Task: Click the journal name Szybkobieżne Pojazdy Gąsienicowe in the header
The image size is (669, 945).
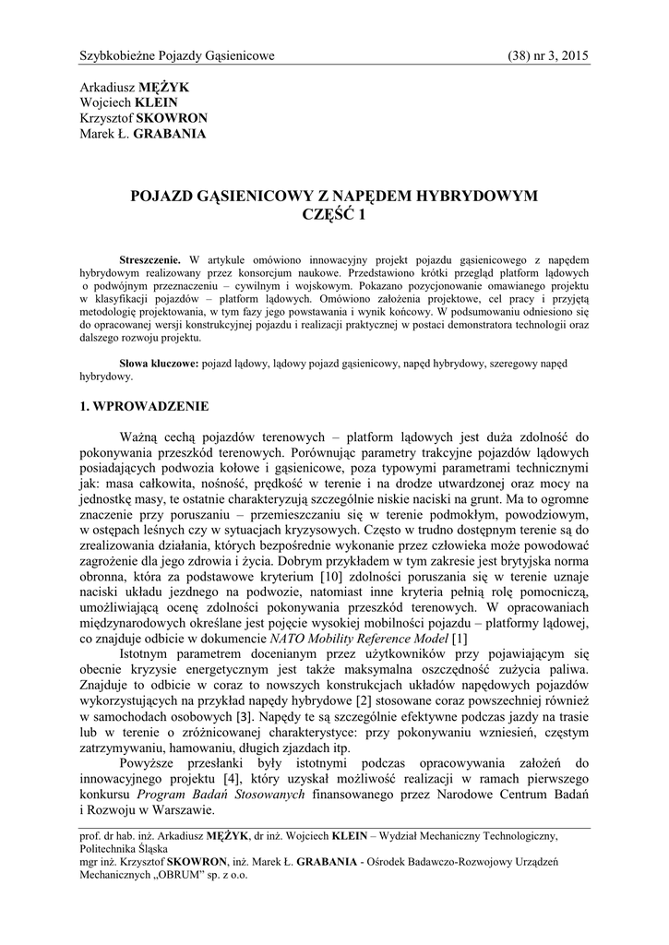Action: coord(177,56)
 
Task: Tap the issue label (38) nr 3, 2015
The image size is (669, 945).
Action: coord(548,56)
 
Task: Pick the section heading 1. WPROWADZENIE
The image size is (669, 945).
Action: coord(145,406)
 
